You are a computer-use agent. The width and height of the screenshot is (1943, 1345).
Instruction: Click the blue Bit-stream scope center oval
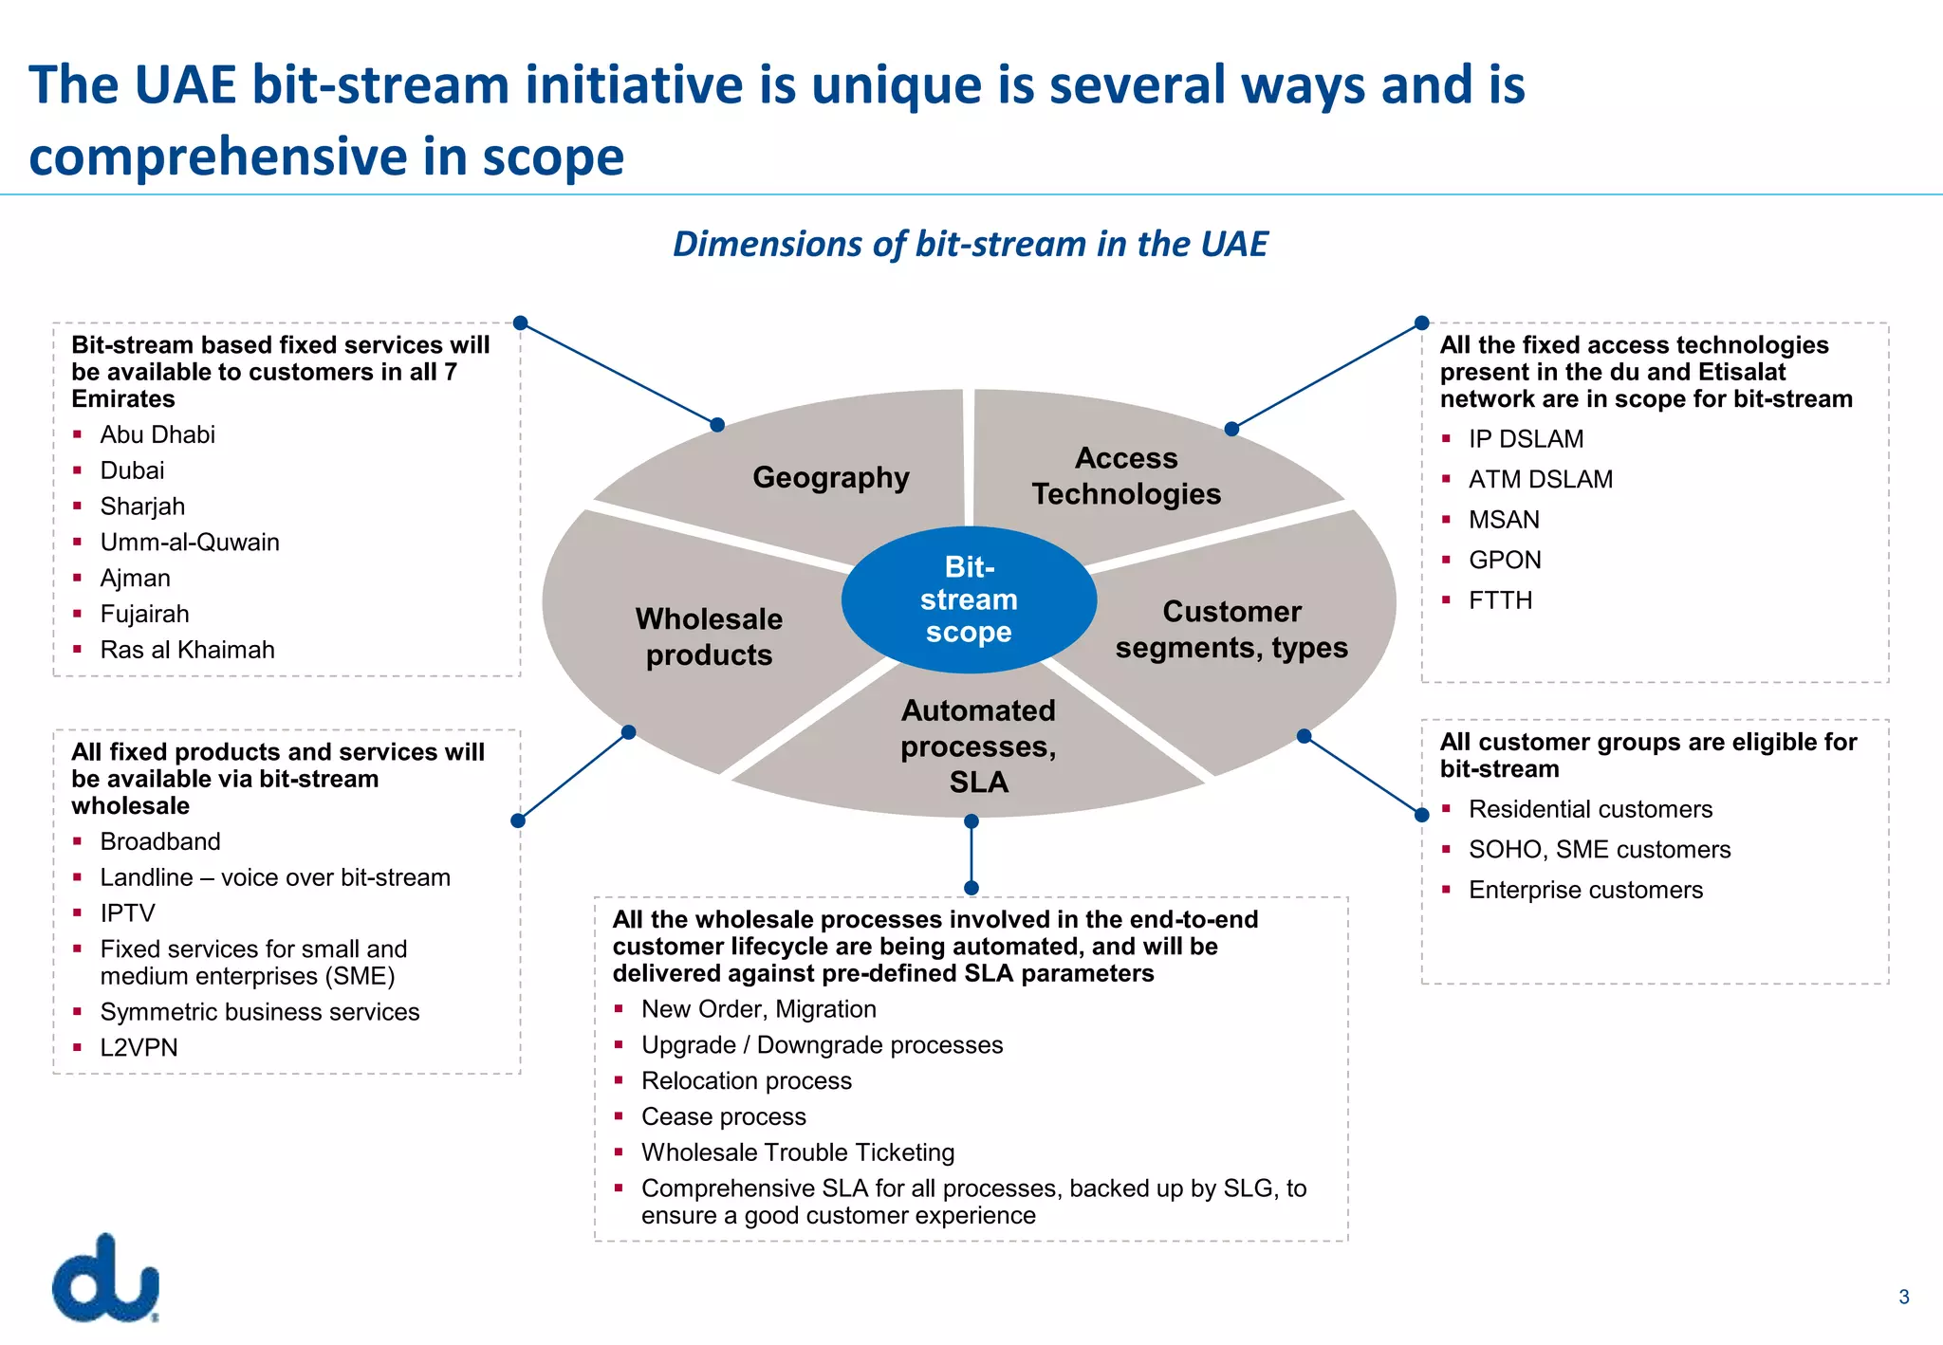pos(969,599)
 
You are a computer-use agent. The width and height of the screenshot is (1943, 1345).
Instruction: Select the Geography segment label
pos(831,477)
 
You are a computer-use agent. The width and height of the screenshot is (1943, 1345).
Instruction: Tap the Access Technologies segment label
pos(1126,476)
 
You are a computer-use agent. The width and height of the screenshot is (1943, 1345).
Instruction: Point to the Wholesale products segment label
pos(709,636)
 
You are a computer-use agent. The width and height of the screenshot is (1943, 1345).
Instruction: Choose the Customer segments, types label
pos(1231,630)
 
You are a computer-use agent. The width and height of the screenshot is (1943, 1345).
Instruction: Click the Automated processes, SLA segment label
pos(978,746)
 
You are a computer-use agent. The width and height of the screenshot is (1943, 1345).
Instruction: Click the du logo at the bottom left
pos(105,1279)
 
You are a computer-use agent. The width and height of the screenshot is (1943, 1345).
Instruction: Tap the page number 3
pos(1903,1298)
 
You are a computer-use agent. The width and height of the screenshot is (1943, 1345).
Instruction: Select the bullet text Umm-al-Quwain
pos(190,543)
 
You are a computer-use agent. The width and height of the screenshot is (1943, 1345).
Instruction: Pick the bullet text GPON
pos(1505,560)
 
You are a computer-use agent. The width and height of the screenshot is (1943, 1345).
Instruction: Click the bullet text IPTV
pos(127,913)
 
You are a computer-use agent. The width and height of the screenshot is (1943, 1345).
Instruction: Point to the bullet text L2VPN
pos(139,1047)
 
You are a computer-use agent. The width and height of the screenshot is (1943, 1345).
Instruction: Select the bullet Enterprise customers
pos(1585,890)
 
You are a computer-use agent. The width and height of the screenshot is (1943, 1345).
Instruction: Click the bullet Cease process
pos(723,1116)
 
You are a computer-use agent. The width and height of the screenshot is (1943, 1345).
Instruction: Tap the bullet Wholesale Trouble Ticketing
pos(797,1152)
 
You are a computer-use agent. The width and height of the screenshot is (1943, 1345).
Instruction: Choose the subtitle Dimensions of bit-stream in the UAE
pos(970,244)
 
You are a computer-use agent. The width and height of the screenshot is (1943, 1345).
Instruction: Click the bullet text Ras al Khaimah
pos(187,650)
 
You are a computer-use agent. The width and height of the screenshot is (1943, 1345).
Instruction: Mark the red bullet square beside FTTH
pos(1446,599)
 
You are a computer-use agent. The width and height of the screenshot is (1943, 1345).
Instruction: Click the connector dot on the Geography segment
pos(717,425)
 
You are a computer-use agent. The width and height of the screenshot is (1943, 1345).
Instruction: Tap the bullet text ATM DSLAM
pos(1540,479)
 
